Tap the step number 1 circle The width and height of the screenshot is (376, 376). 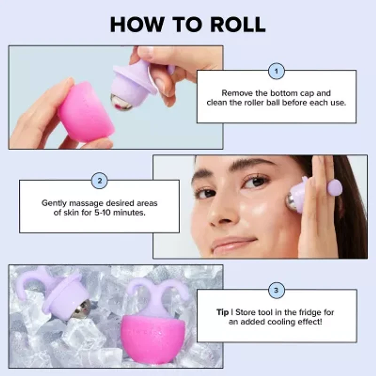pyautogui.click(x=276, y=71)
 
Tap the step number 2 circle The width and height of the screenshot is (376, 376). pyautogui.click(x=99, y=180)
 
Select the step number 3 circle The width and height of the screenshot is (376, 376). pyautogui.click(x=276, y=290)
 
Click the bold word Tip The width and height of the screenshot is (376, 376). pyautogui.click(x=222, y=312)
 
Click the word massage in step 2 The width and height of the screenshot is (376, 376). pyautogui.click(x=92, y=204)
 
